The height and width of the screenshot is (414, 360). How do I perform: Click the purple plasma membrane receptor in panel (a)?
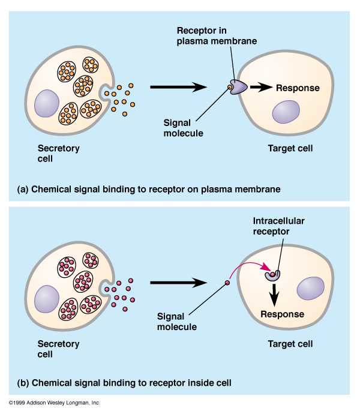(238, 88)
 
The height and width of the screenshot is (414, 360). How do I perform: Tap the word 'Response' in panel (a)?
(298, 88)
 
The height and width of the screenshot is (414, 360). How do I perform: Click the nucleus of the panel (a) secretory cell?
(47, 103)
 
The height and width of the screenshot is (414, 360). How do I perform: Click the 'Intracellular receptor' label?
(279, 226)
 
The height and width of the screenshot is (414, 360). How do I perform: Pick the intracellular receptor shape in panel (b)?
(274, 275)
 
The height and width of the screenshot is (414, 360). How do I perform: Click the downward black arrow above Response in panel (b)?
(275, 294)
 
